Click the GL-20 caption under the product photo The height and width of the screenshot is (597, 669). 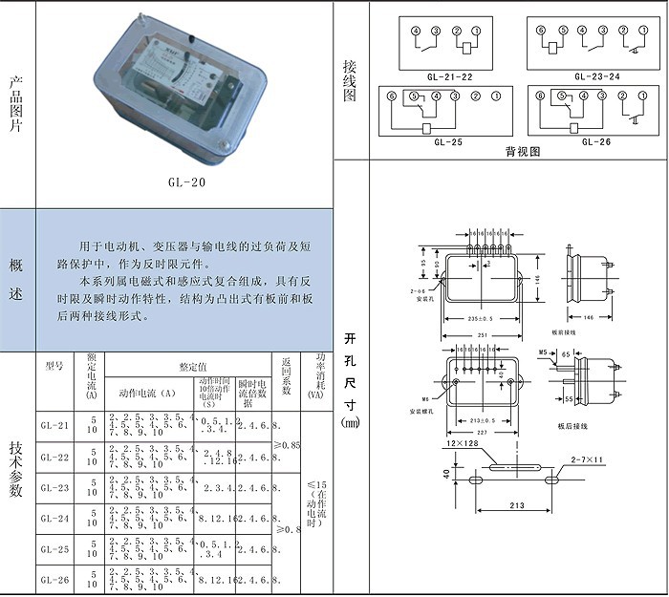[183, 181]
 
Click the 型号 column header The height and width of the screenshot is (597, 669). [54, 365]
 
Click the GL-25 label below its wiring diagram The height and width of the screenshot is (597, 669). [448, 141]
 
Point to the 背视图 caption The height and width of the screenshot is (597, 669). [523, 151]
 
